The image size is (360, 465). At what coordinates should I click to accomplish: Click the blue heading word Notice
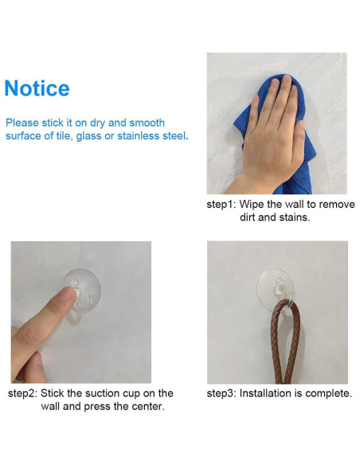point(37,88)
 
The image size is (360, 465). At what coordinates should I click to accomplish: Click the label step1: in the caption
point(221,204)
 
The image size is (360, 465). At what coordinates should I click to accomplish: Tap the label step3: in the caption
point(221,393)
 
